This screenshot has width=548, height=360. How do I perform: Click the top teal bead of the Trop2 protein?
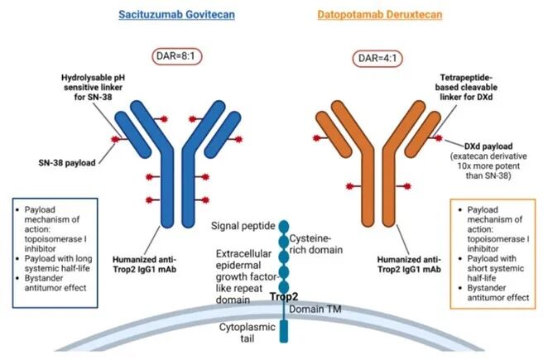pos(283,225)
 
